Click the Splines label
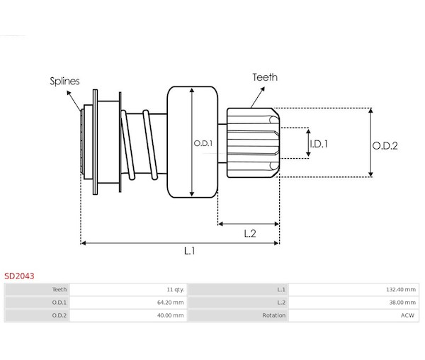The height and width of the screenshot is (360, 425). [64, 81]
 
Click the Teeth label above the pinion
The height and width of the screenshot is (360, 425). [265, 77]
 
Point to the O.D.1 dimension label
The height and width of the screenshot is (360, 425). [203, 143]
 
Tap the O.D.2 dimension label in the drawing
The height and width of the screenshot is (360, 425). [385, 146]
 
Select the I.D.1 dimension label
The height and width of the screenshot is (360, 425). [319, 144]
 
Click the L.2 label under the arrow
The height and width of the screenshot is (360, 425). [250, 233]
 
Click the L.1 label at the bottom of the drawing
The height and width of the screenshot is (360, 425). [189, 251]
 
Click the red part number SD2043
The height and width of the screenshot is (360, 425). [19, 276]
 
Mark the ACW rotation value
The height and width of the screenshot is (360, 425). [407, 315]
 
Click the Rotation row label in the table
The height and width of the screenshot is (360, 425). [273, 315]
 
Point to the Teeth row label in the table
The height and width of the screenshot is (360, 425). [59, 290]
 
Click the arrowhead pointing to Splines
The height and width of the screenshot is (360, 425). [69, 93]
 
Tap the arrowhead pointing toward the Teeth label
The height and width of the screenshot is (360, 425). [262, 89]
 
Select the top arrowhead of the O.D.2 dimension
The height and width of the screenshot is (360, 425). [370, 111]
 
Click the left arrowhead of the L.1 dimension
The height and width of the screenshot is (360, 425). [84, 243]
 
